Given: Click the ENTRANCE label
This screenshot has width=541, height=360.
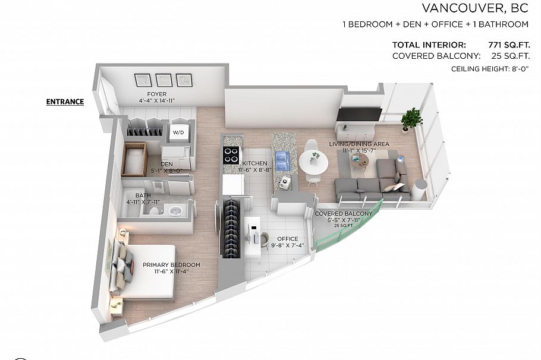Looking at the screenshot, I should click(x=65, y=102).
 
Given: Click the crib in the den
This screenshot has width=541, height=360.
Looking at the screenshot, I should click(x=135, y=160).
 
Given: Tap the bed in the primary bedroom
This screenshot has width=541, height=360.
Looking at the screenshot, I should click(x=146, y=270).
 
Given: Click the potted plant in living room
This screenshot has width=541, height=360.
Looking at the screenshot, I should click(x=411, y=119).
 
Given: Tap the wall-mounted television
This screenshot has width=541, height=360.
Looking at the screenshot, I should click(x=358, y=113).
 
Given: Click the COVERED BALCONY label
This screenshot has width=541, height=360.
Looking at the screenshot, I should click(x=344, y=213).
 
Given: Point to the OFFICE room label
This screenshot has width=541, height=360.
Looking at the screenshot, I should click(x=287, y=239).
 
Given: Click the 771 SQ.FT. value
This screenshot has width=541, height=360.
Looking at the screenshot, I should click(x=500, y=45).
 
